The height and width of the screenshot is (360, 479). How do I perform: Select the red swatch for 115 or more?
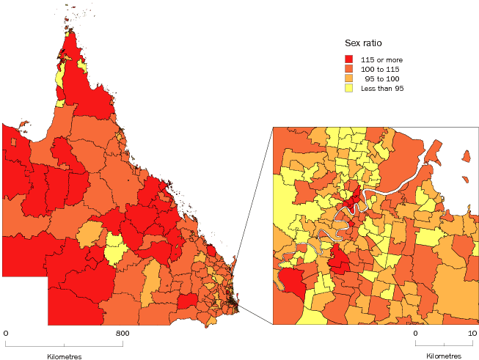tap(348, 59)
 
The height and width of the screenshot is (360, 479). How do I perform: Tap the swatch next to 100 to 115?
tap(348, 69)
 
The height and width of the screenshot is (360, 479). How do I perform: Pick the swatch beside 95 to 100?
tap(348, 78)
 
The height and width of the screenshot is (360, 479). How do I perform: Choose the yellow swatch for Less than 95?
tap(348, 88)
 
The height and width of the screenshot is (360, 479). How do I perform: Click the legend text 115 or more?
tap(382, 59)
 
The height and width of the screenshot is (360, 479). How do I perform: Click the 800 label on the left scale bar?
tap(123, 334)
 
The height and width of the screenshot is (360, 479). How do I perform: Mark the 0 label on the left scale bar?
tap(6, 334)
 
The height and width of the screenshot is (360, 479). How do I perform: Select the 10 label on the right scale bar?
tap(473, 334)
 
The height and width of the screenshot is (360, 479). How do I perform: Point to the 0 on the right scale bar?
tap(415, 334)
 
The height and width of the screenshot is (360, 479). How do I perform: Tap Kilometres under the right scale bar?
tap(444, 356)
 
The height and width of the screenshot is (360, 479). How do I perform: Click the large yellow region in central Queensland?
tap(114, 250)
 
